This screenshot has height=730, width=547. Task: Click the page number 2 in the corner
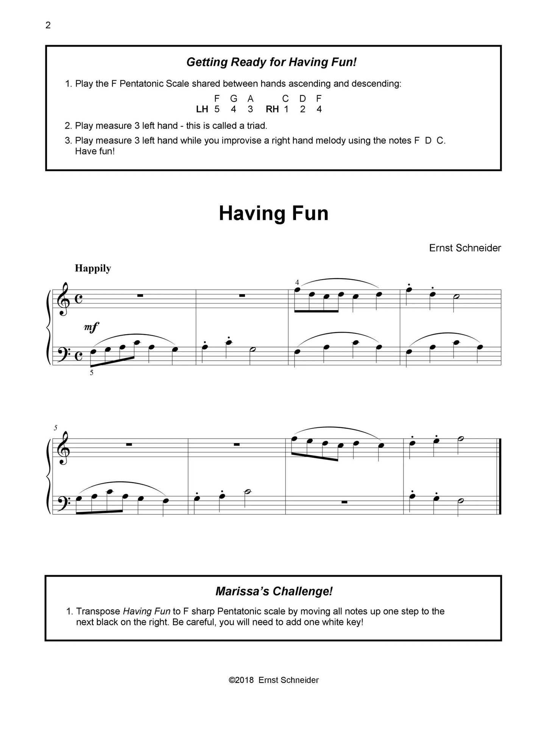pyautogui.click(x=48, y=25)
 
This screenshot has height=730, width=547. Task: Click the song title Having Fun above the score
pyautogui.click(x=273, y=213)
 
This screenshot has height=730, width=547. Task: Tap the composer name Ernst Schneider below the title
pyautogui.click(x=465, y=248)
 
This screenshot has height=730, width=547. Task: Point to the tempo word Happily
pyautogui.click(x=93, y=268)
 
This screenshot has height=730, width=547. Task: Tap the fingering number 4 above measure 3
pyautogui.click(x=297, y=282)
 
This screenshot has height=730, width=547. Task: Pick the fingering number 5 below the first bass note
pyautogui.click(x=92, y=372)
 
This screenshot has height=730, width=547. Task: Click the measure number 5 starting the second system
pyautogui.click(x=56, y=428)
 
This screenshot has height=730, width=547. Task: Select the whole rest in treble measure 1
pyautogui.click(x=140, y=295)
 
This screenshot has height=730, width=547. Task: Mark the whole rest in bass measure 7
pyautogui.click(x=344, y=502)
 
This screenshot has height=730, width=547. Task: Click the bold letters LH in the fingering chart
pyautogui.click(x=202, y=109)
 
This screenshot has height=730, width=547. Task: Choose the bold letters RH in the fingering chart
pyautogui.click(x=272, y=109)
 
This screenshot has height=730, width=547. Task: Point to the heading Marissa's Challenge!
pyautogui.click(x=274, y=591)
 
